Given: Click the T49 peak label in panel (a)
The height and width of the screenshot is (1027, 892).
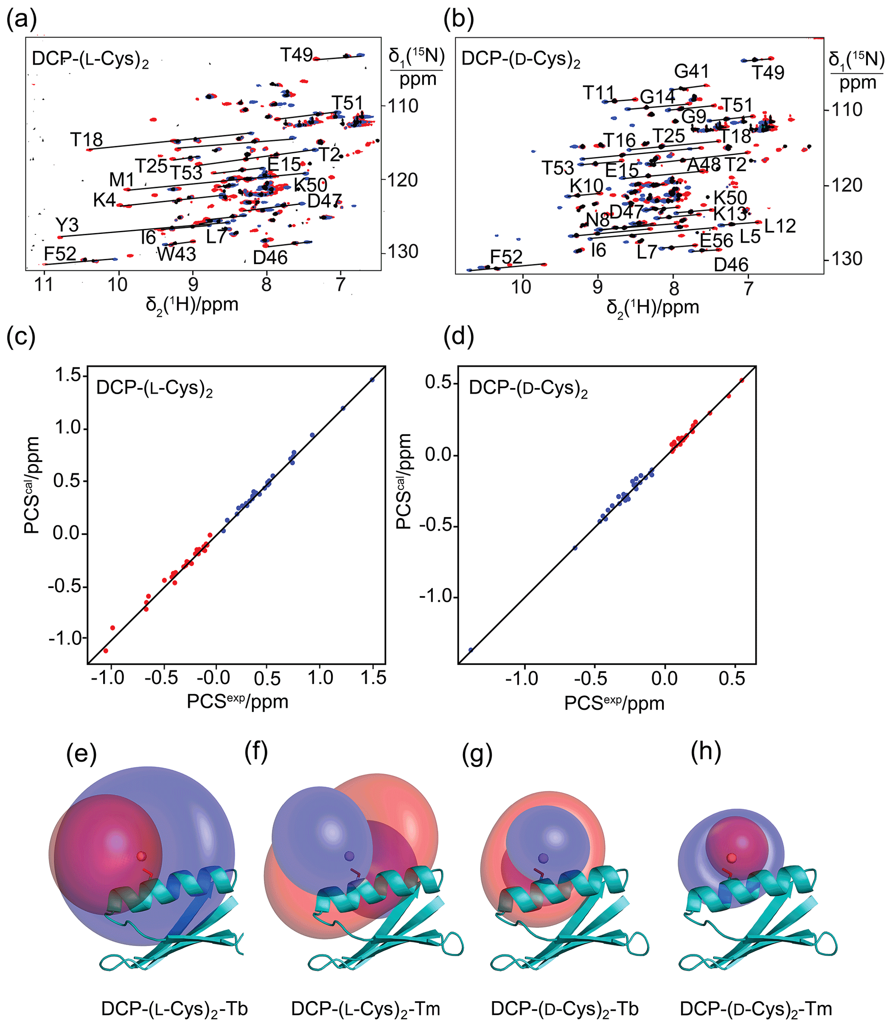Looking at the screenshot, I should tap(296, 55).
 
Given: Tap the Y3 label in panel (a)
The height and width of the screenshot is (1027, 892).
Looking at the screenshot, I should tap(67, 225).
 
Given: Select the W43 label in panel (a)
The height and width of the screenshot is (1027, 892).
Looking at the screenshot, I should tap(177, 254).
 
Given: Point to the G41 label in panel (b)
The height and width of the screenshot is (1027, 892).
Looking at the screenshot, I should tap(691, 72).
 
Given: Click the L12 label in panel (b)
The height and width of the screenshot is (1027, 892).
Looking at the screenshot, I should tap(780, 227).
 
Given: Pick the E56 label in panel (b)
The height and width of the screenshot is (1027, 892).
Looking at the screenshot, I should tap(716, 241).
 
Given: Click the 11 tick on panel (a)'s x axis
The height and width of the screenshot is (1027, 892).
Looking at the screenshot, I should tap(44, 285).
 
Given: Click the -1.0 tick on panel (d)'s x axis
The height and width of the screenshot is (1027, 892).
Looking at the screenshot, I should tap(522, 679).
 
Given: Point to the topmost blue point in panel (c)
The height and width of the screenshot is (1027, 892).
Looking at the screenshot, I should tap(372, 380).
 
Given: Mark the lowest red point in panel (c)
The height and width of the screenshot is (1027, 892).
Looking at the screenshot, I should tap(106, 651).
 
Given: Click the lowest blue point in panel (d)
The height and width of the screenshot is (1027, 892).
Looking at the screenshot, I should tap(471, 650).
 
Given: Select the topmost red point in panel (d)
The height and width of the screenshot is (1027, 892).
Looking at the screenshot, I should tap(742, 380).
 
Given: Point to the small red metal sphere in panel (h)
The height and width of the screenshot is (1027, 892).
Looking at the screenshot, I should tap(731, 858).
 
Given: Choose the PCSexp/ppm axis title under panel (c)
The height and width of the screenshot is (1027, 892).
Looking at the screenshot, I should tap(237, 701).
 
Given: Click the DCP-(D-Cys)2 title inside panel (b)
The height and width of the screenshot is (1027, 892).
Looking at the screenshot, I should tap(521, 59).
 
